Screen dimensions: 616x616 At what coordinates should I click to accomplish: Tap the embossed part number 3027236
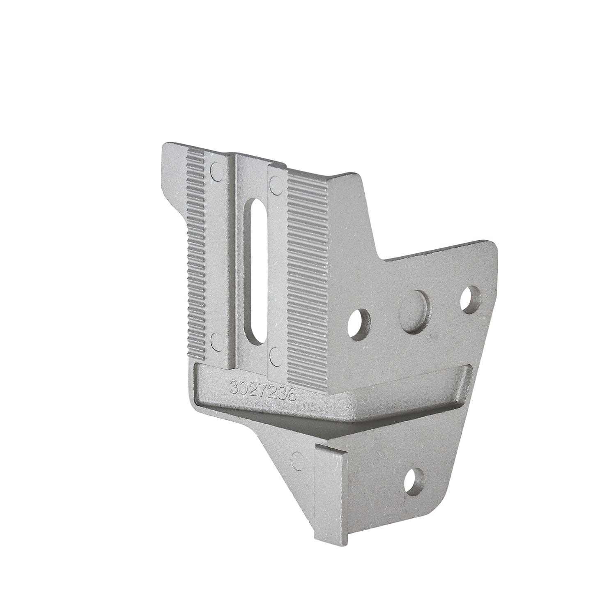pyautogui.click(x=264, y=388)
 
